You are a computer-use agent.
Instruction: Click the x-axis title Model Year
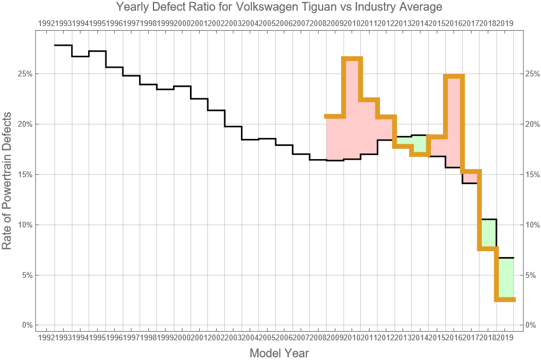click(279, 353)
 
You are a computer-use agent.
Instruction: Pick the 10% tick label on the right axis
click(533, 225)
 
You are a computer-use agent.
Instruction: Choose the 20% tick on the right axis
click(533, 124)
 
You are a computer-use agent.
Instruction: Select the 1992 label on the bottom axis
click(46, 337)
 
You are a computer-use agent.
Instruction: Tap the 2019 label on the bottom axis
click(505, 337)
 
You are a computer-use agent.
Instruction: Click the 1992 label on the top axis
click(46, 23)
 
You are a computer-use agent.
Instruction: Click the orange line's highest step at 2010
click(352, 58)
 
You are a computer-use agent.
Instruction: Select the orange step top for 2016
click(454, 76)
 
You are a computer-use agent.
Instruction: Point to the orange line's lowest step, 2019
click(505, 299)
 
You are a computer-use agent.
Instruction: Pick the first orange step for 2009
click(335, 116)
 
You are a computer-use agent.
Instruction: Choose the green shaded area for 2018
click(488, 234)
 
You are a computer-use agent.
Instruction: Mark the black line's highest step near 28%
click(63, 45)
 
